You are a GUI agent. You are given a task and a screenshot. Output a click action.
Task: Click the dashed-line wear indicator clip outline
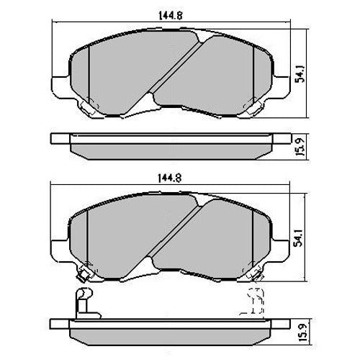click(x=254, y=301)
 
